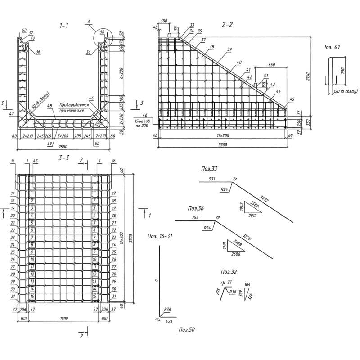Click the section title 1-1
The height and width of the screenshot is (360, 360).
point(63,26)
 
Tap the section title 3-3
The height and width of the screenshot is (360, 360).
point(63,158)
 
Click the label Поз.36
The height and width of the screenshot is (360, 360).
point(196,208)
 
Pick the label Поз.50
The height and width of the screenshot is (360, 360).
point(186,330)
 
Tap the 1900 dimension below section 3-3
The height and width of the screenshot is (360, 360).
point(63,319)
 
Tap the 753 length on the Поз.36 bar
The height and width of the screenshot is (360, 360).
point(195,218)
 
